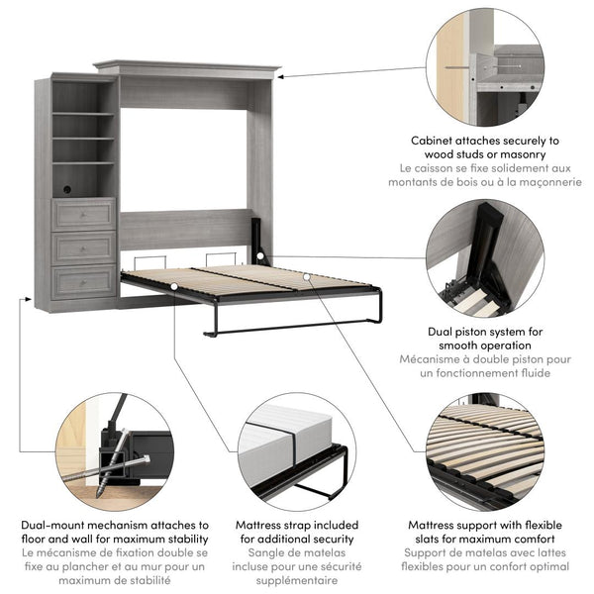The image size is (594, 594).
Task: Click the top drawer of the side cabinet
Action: pyautogui.click(x=84, y=213)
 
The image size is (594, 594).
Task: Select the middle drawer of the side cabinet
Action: pyautogui.click(x=84, y=247)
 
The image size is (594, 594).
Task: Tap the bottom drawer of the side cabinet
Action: pyautogui.click(x=84, y=282)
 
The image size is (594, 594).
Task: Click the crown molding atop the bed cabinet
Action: pyautogui.click(x=188, y=69)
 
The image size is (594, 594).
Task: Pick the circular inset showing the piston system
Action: pyautogui.click(x=485, y=257)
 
